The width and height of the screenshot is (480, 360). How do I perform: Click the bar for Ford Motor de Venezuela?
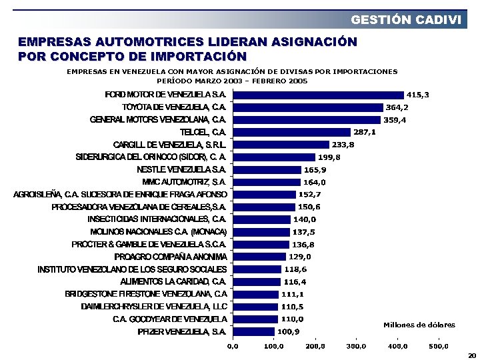[318, 95]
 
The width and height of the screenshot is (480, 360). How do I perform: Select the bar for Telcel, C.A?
[291, 132]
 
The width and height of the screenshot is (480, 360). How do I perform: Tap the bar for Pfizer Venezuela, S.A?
[253, 331]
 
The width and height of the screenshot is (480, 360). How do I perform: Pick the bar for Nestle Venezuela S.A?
[267, 169]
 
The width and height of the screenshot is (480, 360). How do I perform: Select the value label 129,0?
[300, 257]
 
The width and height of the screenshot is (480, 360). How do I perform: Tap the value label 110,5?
[292, 307]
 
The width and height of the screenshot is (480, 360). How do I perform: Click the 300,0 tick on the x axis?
[356, 346]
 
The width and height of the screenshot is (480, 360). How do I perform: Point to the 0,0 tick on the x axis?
[233, 346]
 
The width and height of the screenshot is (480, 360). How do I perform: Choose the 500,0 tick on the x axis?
[439, 346]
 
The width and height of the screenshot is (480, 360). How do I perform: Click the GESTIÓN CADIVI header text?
[405, 19]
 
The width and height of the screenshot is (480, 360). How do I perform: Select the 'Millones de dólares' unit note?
[419, 325]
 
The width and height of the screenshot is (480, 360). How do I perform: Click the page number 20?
[472, 355]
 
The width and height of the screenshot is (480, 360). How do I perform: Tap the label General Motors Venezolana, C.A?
[158, 119]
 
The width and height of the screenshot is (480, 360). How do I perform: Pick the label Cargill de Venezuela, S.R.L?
[170, 145]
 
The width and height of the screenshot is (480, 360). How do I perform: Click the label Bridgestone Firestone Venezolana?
[146, 294]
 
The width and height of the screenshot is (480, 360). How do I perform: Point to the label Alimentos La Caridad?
[173, 281]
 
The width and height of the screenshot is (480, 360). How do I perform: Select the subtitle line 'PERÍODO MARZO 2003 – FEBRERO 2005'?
[232, 81]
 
